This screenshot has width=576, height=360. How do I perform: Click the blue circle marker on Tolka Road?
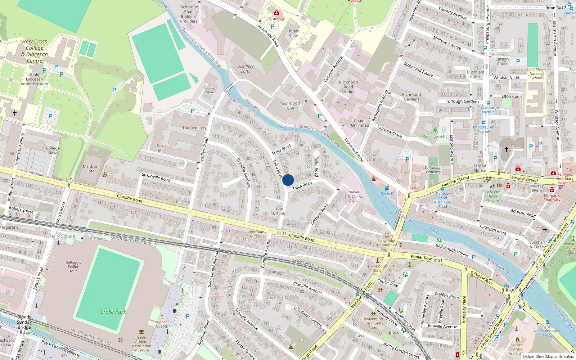[288, 180]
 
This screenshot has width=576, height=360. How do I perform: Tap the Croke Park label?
[113, 312]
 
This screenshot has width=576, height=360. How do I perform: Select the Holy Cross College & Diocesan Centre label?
[35, 51]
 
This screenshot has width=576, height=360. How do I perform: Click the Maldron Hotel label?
[90, 168]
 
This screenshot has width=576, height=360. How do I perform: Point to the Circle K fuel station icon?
[387, 188]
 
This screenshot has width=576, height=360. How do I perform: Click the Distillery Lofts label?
[246, 69]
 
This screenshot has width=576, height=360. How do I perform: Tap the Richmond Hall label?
[290, 105]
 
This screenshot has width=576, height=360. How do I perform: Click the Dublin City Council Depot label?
[354, 196]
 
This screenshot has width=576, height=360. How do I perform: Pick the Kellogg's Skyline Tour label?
[73, 267]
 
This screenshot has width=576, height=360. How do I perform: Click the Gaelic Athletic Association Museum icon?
[141, 332]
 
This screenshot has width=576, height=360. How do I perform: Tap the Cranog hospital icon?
[276, 13]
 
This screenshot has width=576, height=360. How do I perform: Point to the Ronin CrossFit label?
[435, 136]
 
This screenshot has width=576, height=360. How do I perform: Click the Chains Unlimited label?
[360, 123]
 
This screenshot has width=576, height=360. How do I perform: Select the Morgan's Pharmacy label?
[552, 198]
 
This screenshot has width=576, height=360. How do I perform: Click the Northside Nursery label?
[256, 234]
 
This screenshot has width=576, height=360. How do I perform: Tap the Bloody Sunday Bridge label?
[24, 322]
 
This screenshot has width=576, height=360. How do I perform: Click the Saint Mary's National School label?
[536, 74]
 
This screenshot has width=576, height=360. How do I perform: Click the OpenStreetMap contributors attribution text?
[548, 356]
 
